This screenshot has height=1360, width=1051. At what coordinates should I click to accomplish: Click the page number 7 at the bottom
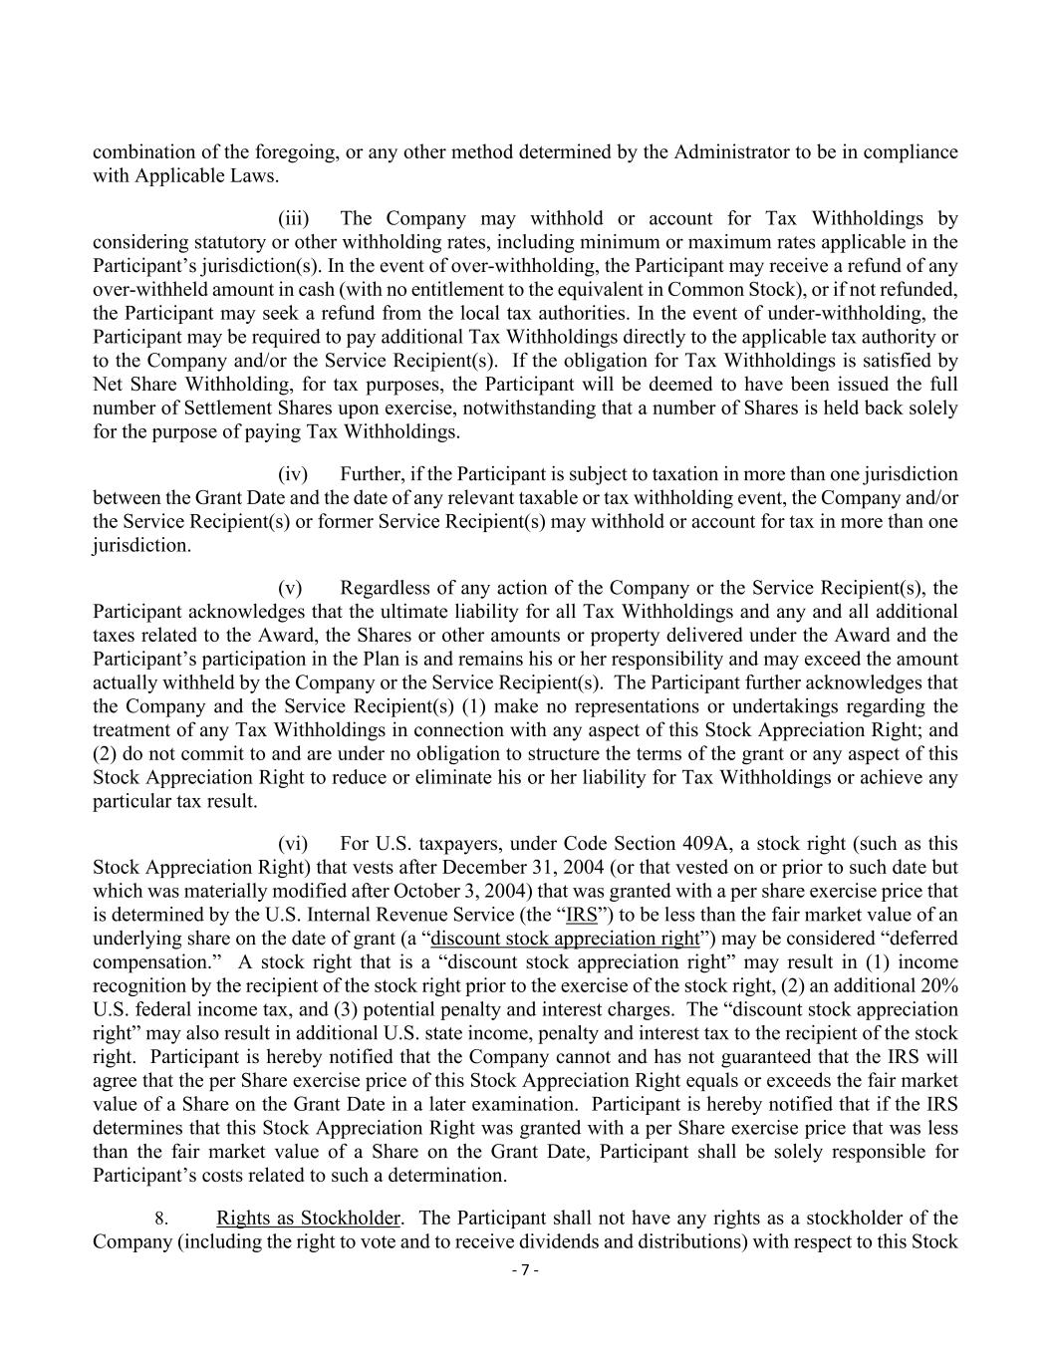(x=525, y=1270)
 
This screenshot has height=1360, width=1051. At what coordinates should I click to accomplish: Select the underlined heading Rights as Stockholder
(x=308, y=1218)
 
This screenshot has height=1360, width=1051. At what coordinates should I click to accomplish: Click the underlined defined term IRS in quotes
(x=581, y=915)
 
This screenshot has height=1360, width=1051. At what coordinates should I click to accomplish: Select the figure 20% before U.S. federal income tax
(x=939, y=986)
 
